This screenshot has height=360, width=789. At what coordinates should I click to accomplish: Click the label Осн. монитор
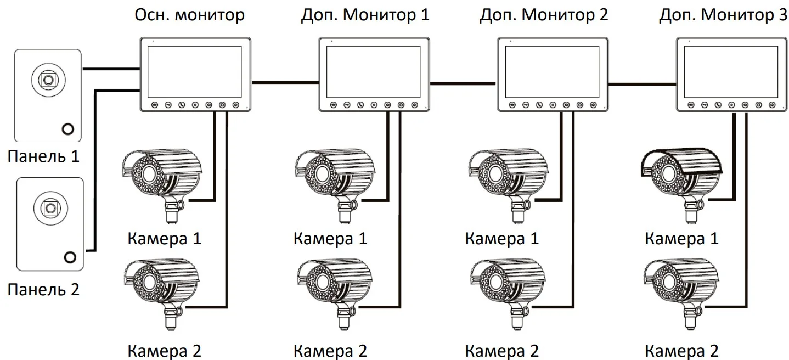pos(190,15)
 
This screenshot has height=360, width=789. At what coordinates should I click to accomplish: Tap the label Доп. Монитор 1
pos(365,15)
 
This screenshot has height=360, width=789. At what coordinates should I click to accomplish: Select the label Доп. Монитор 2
pos(544,15)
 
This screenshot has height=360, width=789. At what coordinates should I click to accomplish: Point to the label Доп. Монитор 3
pos(723,15)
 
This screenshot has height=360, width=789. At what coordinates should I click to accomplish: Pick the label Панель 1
pos(43,156)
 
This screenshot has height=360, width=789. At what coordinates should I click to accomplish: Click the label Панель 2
pos(43,289)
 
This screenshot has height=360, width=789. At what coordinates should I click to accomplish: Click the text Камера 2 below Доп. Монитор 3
pos(681,351)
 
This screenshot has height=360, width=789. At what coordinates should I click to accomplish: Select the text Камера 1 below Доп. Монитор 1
pos(330,239)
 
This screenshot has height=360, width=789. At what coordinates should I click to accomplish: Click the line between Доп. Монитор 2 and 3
pos(642,83)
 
